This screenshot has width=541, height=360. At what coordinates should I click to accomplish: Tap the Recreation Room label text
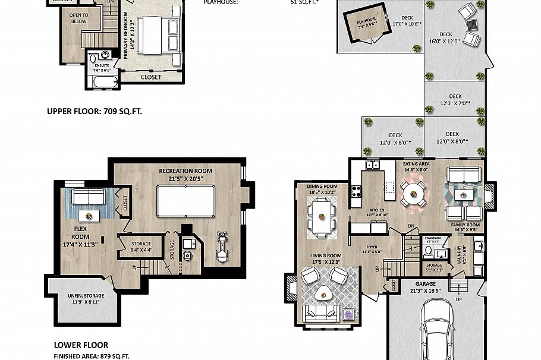tap(185, 174)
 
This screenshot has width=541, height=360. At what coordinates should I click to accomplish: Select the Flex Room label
tap(81, 231)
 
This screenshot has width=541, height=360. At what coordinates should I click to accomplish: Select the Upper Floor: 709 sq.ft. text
tap(95, 110)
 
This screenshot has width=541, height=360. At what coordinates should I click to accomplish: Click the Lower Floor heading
tap(81, 345)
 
